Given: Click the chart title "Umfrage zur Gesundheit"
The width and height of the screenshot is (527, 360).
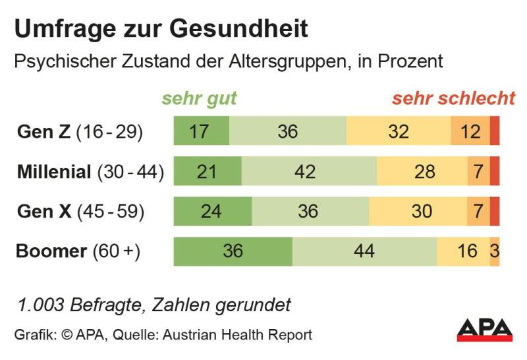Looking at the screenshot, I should coord(161,28).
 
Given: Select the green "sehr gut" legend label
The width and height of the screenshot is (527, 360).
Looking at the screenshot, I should coord(199,99).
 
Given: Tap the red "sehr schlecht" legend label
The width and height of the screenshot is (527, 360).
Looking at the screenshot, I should coord(453,99).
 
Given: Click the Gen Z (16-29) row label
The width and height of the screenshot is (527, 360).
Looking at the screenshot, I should coord(80,132).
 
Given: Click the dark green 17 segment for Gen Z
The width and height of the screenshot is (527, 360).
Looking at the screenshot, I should coord(201,132).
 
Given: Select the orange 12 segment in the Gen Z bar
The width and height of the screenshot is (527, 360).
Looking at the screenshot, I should coord(470,132).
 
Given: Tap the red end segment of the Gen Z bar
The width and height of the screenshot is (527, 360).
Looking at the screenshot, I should coord(495,132).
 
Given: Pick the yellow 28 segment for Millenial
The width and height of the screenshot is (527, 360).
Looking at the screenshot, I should coord(422,172).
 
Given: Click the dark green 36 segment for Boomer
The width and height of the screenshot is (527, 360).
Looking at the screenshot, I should coord(233,251).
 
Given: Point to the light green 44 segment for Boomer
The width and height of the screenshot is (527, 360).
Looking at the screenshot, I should coord(364,251).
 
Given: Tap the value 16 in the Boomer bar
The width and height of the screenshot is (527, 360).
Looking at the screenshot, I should coord(467,251).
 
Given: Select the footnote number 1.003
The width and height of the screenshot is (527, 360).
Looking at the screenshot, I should coord(42,305).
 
